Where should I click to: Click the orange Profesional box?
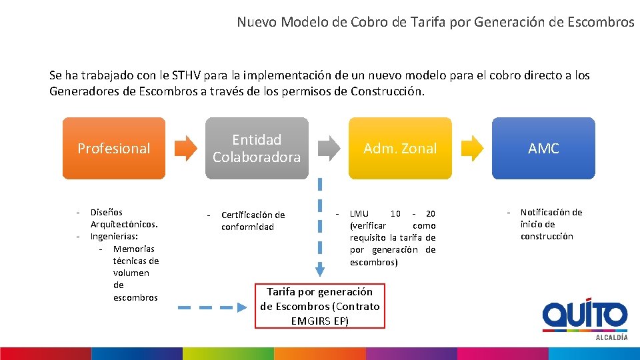(x=113, y=148)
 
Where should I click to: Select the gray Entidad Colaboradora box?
(x=257, y=148)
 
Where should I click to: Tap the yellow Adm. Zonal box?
(x=400, y=148)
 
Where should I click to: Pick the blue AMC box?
(x=543, y=148)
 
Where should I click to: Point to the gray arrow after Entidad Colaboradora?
(x=329, y=148)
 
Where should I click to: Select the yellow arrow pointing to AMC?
(x=472, y=148)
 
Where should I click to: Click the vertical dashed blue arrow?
(x=320, y=227)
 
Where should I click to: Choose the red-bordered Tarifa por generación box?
(x=320, y=306)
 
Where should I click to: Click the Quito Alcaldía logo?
(x=585, y=318)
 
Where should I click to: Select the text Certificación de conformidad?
(x=253, y=221)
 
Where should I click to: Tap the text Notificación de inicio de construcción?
(x=551, y=224)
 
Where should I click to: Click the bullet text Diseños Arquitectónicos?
(x=123, y=218)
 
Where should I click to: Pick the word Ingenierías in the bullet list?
(x=114, y=236)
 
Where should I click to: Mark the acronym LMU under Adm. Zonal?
(x=359, y=213)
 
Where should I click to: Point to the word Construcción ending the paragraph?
(x=387, y=91)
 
